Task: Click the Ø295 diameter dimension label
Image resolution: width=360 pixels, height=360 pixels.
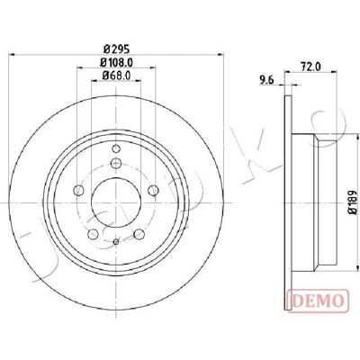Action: [116, 49]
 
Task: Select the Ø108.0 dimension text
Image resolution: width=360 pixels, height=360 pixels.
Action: [116, 62]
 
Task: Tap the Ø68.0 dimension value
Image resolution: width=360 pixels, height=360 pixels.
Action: [116, 76]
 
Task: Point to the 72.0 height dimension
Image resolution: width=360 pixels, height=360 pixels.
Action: [310, 67]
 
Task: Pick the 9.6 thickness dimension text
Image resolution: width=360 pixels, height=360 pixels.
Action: [267, 80]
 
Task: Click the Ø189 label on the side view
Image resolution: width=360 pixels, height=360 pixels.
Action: [353, 202]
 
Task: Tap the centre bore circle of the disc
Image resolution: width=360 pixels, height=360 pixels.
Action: [116, 203]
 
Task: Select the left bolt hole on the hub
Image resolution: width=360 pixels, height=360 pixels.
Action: [78, 190]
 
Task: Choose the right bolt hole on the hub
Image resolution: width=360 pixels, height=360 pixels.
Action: [153, 190]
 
